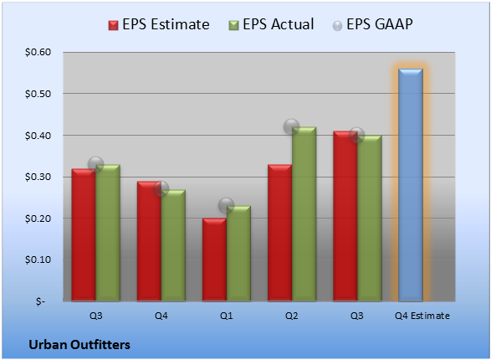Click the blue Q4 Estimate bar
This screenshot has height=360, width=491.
[411, 185]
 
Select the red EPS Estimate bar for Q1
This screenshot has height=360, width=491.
[214, 260]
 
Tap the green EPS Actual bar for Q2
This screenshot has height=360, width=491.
[304, 214]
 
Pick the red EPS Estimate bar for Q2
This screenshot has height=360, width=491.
[280, 233]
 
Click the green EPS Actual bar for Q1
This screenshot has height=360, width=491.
[238, 254]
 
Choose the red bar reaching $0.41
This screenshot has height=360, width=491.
[345, 216]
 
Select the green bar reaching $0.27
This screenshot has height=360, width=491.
[173, 245]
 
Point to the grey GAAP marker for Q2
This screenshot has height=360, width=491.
[292, 127]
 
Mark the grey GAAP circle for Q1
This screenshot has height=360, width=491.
[226, 206]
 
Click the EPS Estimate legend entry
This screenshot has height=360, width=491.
[159, 24]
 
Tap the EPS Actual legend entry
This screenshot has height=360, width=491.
[271, 24]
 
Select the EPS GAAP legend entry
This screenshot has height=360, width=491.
[372, 24]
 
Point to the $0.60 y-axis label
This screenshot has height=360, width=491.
[38, 52]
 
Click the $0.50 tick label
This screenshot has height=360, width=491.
[38, 94]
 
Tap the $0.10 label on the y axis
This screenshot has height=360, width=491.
[38, 260]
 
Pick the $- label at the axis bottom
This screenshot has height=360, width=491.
[40, 301]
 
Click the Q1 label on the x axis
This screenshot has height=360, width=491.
[227, 316]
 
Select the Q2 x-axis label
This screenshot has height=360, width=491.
[292, 316]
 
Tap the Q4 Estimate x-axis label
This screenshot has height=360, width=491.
[422, 316]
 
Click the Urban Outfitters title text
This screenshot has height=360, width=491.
[79, 345]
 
